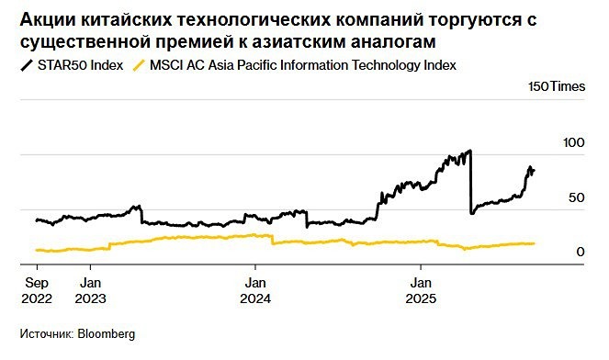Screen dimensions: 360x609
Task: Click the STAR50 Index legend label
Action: tap(80, 64)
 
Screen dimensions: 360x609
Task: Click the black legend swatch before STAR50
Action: tap(26, 65)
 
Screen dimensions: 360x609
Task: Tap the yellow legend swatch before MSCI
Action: tap(139, 65)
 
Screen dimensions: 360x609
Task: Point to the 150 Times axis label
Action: tap(556, 86)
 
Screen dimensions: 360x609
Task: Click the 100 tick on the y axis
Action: tap(573, 143)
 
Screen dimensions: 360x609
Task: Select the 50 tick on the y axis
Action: tap(577, 197)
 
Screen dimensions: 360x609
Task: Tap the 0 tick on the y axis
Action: tap(581, 252)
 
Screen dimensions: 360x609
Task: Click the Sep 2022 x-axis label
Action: tap(37, 291)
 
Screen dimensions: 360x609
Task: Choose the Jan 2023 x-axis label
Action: tap(90, 291)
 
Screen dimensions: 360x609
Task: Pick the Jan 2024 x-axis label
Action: tap(255, 291)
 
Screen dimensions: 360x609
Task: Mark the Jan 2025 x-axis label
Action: tap(422, 291)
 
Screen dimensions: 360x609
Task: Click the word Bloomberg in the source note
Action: tap(105, 334)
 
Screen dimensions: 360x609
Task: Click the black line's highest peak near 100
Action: tap(470, 151)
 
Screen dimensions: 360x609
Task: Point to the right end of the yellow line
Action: tap(535, 243)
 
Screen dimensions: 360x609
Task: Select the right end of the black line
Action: tap(535, 171)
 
